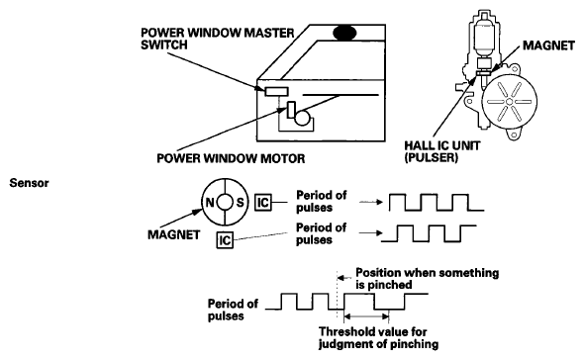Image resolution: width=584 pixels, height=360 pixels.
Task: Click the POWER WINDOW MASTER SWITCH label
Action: pyautogui.click(x=218, y=39)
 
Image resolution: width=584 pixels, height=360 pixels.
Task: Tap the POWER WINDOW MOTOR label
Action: pyautogui.click(x=231, y=158)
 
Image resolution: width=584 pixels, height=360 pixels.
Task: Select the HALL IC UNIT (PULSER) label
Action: pyautogui.click(x=442, y=151)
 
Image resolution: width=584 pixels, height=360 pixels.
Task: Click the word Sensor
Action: pyautogui.click(x=29, y=183)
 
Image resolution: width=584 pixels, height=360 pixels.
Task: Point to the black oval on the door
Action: pyautogui.click(x=344, y=33)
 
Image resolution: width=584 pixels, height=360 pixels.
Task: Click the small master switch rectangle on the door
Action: pyautogui.click(x=276, y=91)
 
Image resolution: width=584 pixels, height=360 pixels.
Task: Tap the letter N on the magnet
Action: pyautogui.click(x=210, y=203)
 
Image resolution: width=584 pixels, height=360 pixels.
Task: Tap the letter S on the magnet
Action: pyautogui.click(x=241, y=203)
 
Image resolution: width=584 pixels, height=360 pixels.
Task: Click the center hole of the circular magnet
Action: pyautogui.click(x=225, y=203)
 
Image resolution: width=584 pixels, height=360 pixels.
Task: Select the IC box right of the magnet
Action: pyautogui.click(x=263, y=203)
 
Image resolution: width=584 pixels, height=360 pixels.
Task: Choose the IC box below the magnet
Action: pyautogui.click(x=225, y=240)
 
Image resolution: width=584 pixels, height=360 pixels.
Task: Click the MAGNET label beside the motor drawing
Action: pyautogui.click(x=548, y=45)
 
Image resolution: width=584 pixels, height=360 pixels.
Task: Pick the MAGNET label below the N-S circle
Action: pyautogui.click(x=174, y=235)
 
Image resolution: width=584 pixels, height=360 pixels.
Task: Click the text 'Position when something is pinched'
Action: pyautogui.click(x=428, y=279)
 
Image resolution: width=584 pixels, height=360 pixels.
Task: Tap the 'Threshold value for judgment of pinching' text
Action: pyautogui.click(x=378, y=337)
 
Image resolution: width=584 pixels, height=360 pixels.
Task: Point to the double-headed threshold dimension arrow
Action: pyautogui.click(x=366, y=316)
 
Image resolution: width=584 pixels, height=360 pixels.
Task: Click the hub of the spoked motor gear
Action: pyautogui.click(x=509, y=102)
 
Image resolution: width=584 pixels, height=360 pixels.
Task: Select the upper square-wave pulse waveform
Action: pyautogui.click(x=437, y=203)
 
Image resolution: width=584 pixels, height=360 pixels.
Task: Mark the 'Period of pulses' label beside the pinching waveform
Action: pyautogui.click(x=233, y=310)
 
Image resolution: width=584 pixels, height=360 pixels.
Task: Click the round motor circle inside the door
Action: pyautogui.click(x=302, y=119)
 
